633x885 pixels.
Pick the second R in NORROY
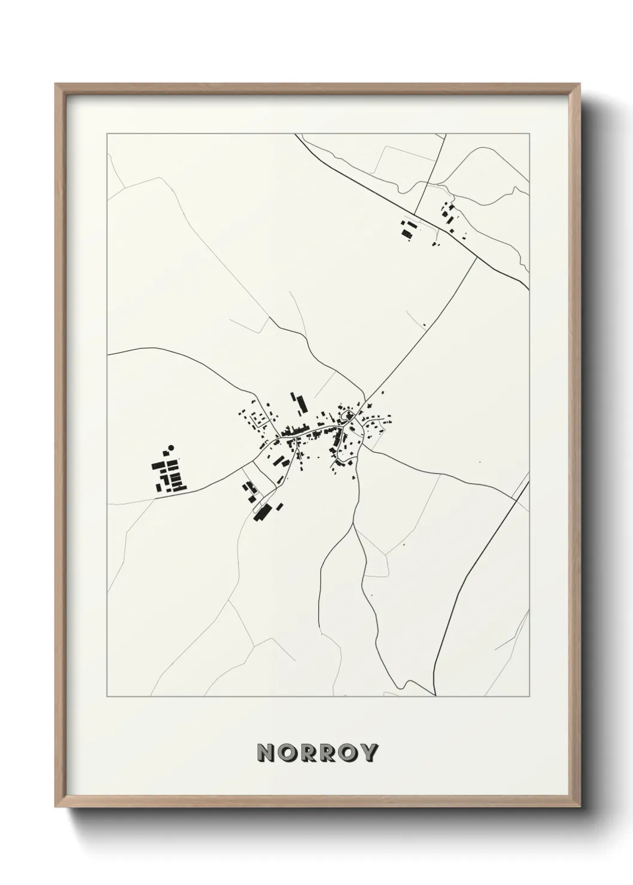(x=327, y=753)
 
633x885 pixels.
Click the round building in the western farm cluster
(x=171, y=447)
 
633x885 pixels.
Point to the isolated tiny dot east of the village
(x=479, y=462)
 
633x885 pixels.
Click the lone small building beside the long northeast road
(x=424, y=325)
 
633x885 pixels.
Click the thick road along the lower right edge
(x=479, y=562)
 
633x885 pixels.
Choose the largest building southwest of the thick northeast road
(x=408, y=232)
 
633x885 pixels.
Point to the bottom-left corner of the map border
(x=106, y=697)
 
